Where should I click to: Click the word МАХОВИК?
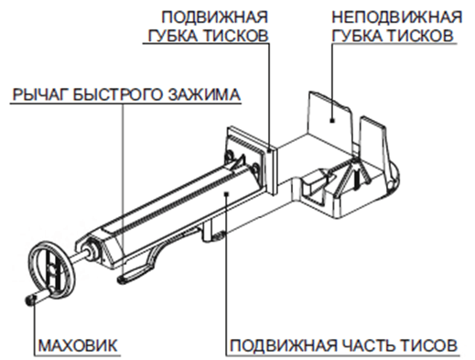78,345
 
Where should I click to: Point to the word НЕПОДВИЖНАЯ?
397,17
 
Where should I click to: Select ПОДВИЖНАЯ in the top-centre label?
214,17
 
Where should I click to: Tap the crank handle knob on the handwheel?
30,299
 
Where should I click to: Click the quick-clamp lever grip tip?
124,278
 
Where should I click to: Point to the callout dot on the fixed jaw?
332,121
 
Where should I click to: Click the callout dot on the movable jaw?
269,150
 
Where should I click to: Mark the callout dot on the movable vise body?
226,192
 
